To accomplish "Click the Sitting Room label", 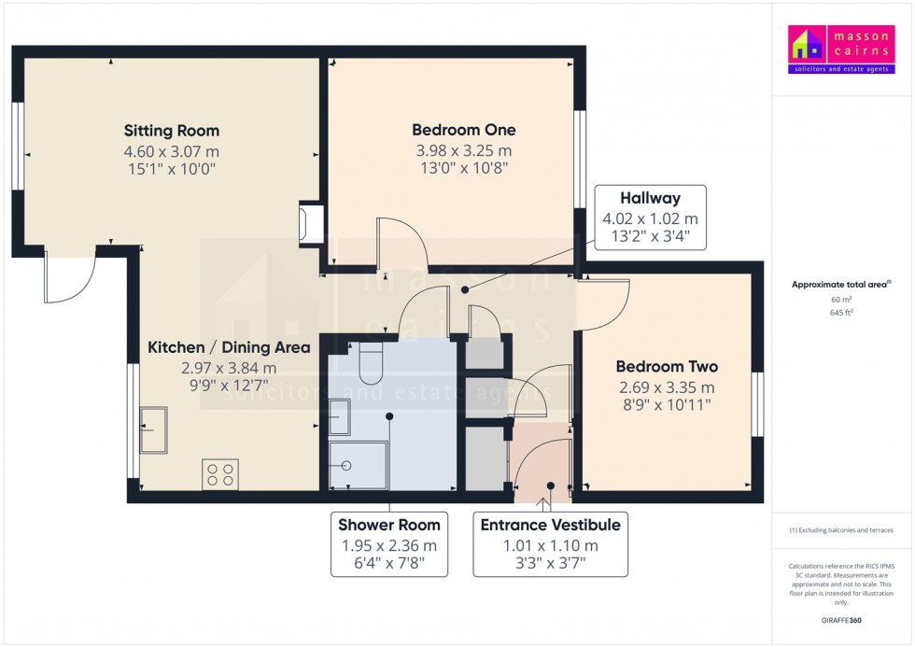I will click(172, 131).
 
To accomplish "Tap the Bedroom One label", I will click(464, 130).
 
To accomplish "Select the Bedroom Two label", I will click(667, 367).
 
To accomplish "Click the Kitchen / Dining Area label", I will click(229, 348).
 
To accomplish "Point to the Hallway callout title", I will click(650, 198).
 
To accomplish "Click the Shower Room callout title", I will click(389, 525).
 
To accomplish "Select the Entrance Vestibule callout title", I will click(550, 525).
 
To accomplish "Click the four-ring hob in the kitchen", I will click(219, 474).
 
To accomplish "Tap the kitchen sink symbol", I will click(153, 429).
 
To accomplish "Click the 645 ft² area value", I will click(841, 312).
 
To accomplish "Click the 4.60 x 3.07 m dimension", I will click(172, 151).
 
